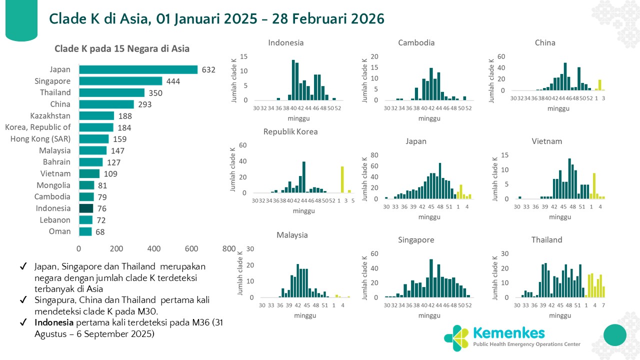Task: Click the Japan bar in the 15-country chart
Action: pyautogui.click(x=138, y=69)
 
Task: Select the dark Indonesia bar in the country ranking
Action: pyautogui.click(x=86, y=208)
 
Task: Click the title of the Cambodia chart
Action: pyautogui.click(x=416, y=43)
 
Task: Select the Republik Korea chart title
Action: pyautogui.click(x=290, y=132)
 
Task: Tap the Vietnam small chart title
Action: pyautogui.click(x=546, y=141)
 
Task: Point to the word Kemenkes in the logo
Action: pyautogui.click(x=508, y=332)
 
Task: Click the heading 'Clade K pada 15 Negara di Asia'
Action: pyautogui.click(x=122, y=49)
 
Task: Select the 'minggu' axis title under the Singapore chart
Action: pyautogui.click(x=429, y=315)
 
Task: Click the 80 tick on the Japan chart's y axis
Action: pyautogui.click(x=373, y=154)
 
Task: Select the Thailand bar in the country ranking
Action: pyautogui.click(x=111, y=93)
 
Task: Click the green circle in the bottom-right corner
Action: pyautogui.click(x=615, y=335)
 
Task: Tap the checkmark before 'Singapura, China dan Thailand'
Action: pyautogui.click(x=23, y=300)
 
